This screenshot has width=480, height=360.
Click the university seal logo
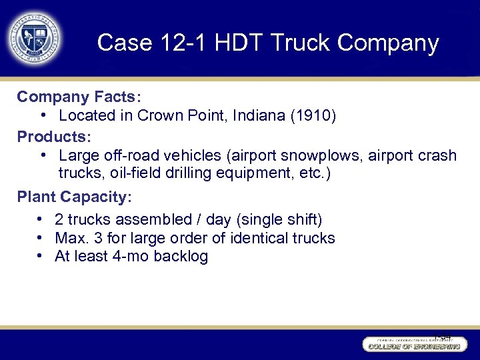pyautogui.click(x=34, y=37)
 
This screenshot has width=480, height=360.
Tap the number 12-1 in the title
pyautogui.click(x=179, y=43)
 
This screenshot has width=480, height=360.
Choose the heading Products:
pyautogui.click(x=53, y=137)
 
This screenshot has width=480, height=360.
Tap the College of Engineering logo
pyautogui.click(x=412, y=344)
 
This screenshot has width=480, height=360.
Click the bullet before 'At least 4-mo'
pyautogui.click(x=41, y=256)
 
